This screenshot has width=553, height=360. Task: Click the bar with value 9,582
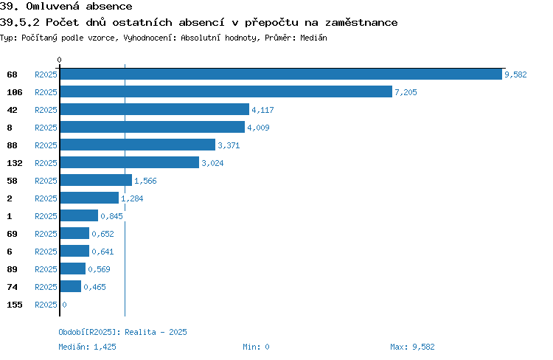coord(281,74)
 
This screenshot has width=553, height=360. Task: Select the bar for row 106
coord(226,91)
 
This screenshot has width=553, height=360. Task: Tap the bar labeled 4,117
coord(155,109)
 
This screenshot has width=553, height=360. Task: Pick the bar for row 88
coord(138,145)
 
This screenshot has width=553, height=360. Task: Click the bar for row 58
coord(96,180)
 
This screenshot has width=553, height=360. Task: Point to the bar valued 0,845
coord(79,215)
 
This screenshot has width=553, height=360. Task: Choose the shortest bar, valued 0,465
coord(71,286)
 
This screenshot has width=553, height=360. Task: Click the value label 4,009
coord(258,128)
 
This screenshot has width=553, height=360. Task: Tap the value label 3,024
coord(212,163)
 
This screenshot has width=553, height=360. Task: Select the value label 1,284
coord(132,198)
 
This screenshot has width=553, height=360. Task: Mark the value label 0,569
coord(99,269)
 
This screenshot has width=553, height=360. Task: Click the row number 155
coord(15,305)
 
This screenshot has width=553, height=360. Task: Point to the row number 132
coord(15,163)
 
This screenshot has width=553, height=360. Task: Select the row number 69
coord(12,234)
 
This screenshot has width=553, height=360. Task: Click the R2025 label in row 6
coord(46,252)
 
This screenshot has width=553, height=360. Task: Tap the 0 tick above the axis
coord(59,60)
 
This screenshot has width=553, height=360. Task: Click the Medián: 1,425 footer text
coord(87,347)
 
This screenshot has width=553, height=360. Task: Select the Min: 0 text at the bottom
coord(256,347)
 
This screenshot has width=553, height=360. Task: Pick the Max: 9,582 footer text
coord(412,347)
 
